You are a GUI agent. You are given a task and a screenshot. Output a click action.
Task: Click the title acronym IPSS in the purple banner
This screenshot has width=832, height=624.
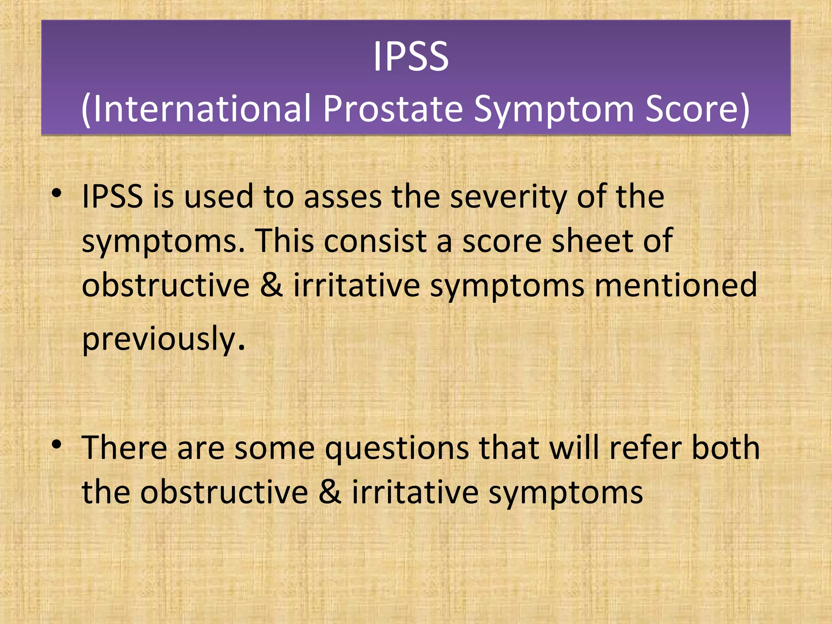[411, 57]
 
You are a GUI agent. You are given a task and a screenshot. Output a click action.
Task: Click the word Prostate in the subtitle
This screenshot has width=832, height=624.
[392, 109]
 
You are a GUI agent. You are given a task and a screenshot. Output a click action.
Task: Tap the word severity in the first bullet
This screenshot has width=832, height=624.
[508, 198]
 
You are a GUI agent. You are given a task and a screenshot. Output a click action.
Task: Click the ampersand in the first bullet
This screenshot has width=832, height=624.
[271, 285]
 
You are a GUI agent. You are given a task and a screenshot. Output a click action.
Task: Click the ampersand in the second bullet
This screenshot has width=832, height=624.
[329, 492]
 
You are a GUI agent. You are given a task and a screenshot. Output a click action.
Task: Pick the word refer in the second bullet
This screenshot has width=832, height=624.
[645, 448]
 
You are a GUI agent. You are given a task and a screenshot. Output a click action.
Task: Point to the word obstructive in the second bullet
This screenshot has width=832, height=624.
[224, 492]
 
